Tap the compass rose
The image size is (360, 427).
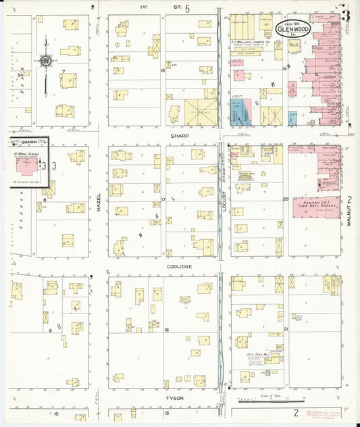[45, 61]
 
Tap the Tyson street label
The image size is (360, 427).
[175, 398]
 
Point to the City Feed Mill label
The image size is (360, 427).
[257, 353]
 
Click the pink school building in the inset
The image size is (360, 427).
[26, 166]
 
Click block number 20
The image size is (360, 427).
[286, 199]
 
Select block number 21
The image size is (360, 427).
[286, 329]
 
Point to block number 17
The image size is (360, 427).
[164, 199]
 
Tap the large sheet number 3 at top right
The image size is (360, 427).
[346, 15]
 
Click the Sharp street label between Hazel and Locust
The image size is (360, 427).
[179, 136]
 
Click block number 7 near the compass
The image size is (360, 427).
[63, 70]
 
